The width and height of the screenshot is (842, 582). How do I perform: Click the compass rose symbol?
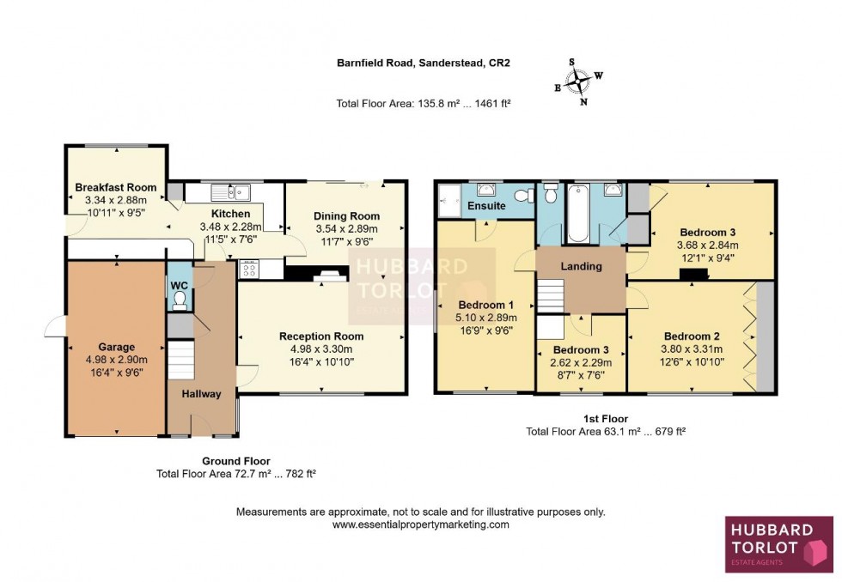(x=580, y=82)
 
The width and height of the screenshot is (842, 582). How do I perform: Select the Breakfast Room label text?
(x=115, y=188)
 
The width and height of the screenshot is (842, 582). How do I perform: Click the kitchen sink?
(x=229, y=191)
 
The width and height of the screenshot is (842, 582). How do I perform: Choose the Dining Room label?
(x=346, y=216)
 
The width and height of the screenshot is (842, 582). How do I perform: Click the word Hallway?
(x=201, y=394)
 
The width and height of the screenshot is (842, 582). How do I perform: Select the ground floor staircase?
(x=180, y=360)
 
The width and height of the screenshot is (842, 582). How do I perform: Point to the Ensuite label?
(x=486, y=207)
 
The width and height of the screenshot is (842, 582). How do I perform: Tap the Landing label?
(x=581, y=266)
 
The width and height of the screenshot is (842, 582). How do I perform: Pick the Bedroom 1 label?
(x=485, y=306)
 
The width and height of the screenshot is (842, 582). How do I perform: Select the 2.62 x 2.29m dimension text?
(x=581, y=363)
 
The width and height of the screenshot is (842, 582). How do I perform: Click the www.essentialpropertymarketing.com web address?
(x=420, y=524)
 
